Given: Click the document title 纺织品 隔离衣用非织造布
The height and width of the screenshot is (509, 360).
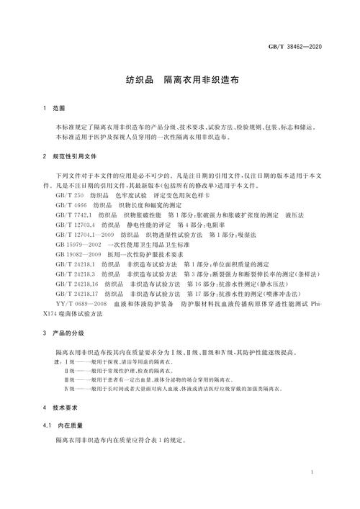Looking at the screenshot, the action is [180, 83].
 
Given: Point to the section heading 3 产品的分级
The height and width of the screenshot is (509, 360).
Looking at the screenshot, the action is [63, 334].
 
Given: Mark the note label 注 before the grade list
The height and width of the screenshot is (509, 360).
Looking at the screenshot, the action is [57, 361].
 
